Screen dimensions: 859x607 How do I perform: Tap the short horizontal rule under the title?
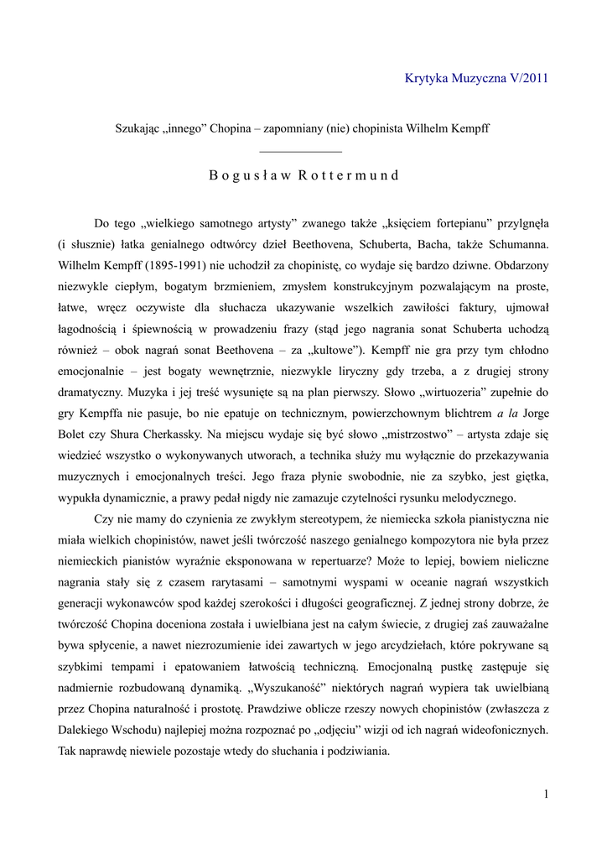[x=302, y=151]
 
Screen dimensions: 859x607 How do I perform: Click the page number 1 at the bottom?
[x=545, y=794]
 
